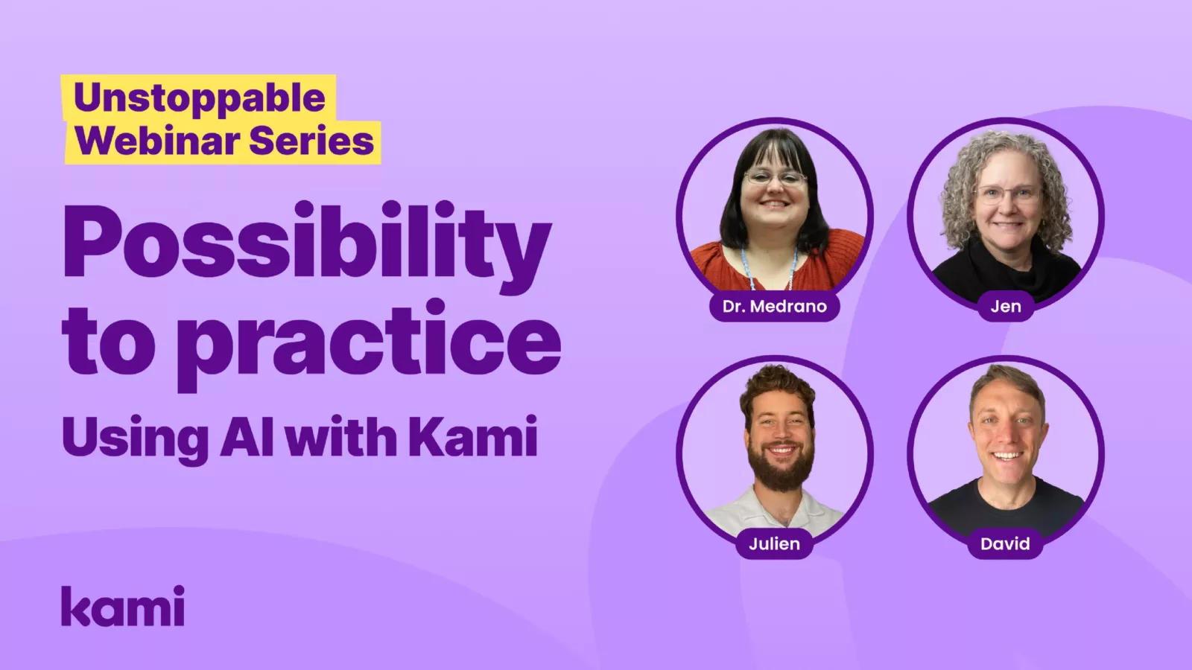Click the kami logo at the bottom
123,607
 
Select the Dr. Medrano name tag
774,306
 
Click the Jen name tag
1005,306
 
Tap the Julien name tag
774,543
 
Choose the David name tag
1005,543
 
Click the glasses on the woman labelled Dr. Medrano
775,178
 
